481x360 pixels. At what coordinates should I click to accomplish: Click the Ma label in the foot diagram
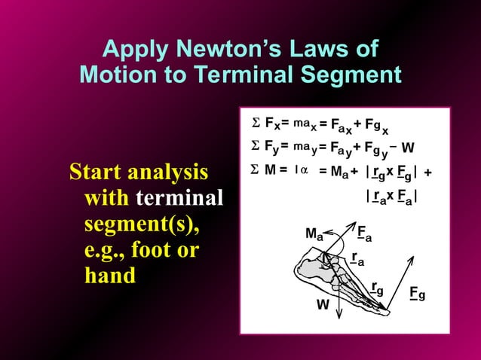pyautogui.click(x=315, y=234)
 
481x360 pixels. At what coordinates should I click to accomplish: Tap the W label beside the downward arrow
pyautogui.click(x=323, y=305)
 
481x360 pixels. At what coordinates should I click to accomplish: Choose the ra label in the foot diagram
pyautogui.click(x=357, y=258)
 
